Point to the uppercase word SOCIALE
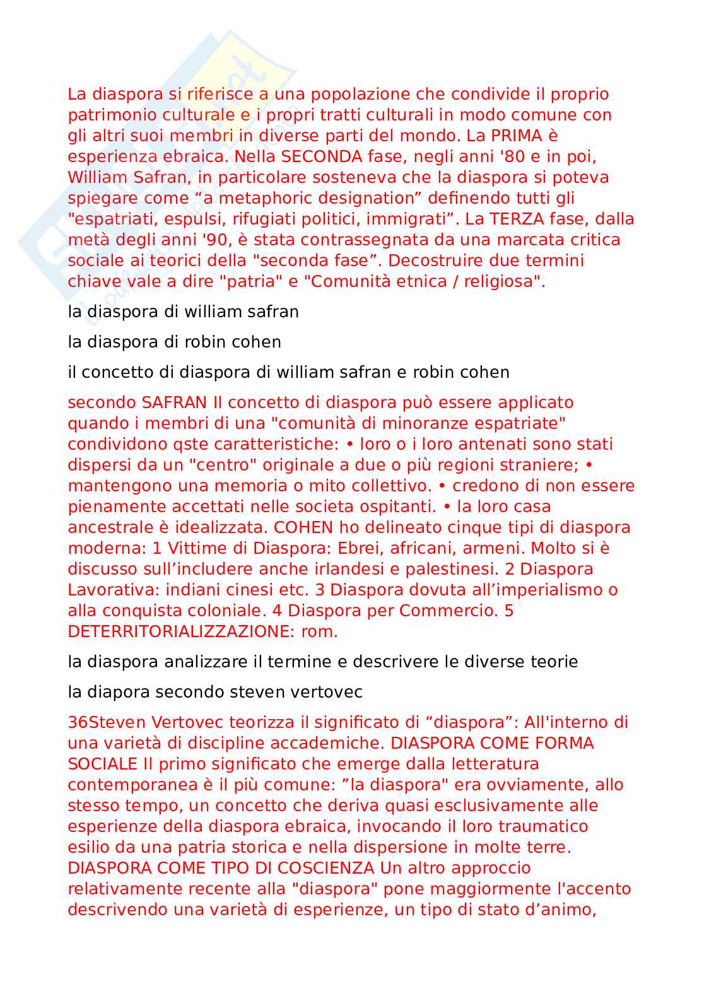(102, 764)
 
